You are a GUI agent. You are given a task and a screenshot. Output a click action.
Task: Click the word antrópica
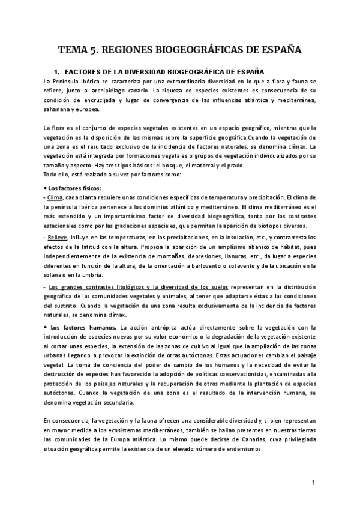160,328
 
